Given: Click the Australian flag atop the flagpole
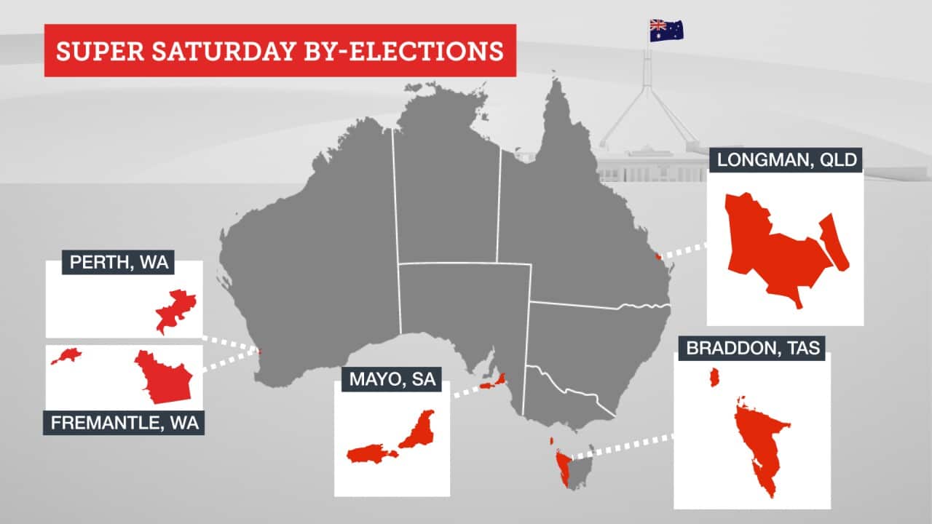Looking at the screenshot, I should pyautogui.click(x=666, y=31).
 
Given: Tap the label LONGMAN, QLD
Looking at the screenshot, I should pyautogui.click(x=786, y=160).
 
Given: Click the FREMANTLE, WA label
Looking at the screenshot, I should pyautogui.click(x=124, y=423).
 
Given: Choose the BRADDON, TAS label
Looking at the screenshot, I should pyautogui.click(x=753, y=349).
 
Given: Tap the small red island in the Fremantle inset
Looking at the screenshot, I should pyautogui.click(x=66, y=356).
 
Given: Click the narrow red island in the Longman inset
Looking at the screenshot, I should pyautogui.click(x=834, y=242).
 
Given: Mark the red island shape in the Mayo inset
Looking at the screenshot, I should pyautogui.click(x=369, y=455).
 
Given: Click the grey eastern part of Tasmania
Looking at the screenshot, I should pyautogui.click(x=582, y=469).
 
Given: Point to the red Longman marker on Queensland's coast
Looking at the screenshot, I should pyautogui.click(x=658, y=256).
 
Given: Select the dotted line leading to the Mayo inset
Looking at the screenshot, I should pyautogui.click(x=466, y=391).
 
